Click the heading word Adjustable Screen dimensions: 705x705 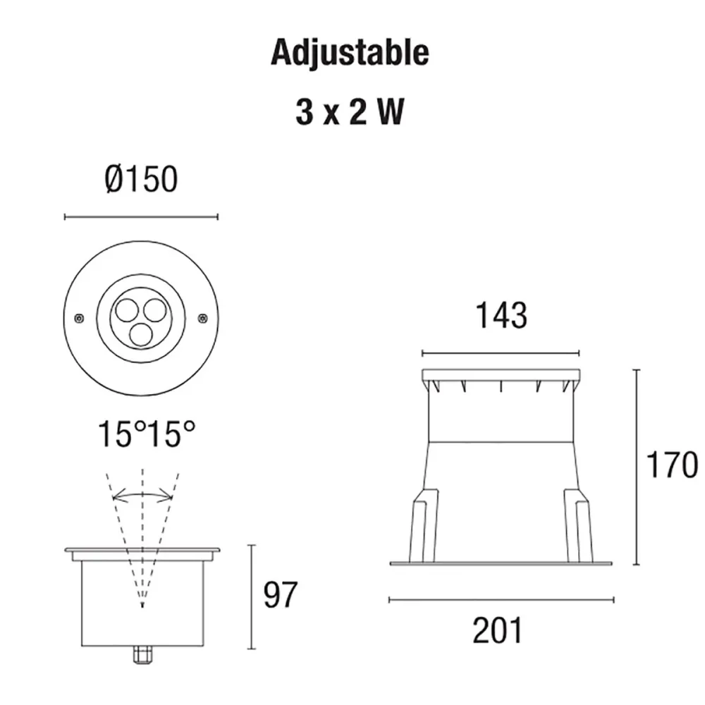point(350,53)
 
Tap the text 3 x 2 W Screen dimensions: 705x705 point(350,113)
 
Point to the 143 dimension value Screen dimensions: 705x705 point(501,316)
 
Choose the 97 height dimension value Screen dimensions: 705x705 point(281,596)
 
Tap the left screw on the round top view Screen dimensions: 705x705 point(80,318)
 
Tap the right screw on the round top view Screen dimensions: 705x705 point(203,318)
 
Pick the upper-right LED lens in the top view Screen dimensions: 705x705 point(154,309)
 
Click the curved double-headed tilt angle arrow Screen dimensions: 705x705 point(143,496)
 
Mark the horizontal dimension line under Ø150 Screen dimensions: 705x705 point(141,216)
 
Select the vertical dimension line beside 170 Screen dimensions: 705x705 point(637,465)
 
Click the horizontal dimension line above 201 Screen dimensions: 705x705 point(501,600)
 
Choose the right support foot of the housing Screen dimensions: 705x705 point(578,525)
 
